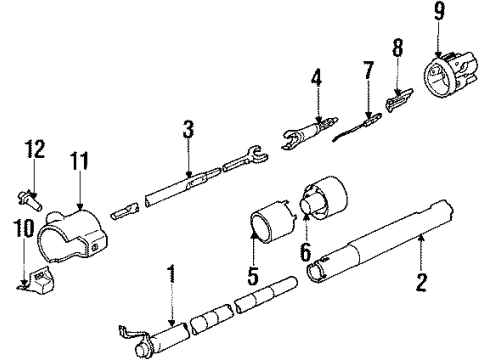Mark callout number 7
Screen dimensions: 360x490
(x=367, y=71)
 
